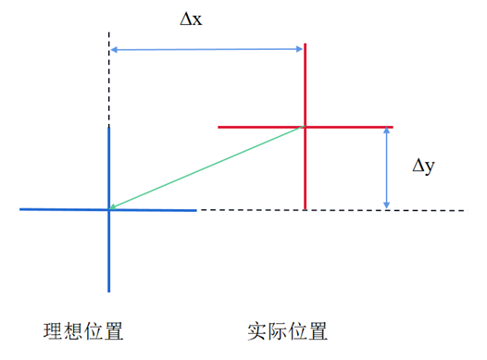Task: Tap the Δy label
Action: coord(423,167)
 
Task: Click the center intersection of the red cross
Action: coord(305,126)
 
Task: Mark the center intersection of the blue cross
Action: coord(109,210)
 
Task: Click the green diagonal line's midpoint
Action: coord(206,168)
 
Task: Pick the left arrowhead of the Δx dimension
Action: coord(113,49)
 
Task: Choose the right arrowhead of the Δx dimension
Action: coord(301,49)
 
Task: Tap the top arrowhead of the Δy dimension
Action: coord(387,130)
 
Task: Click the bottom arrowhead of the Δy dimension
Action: coord(387,205)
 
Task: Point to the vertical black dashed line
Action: coord(109,79)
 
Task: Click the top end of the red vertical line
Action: coord(305,42)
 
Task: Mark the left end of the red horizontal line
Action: coord(219,126)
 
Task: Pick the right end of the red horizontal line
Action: coord(393,126)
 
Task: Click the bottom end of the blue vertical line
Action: coord(109,291)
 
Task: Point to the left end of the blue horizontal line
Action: coord(20,210)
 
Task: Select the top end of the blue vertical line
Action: coord(109,125)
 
